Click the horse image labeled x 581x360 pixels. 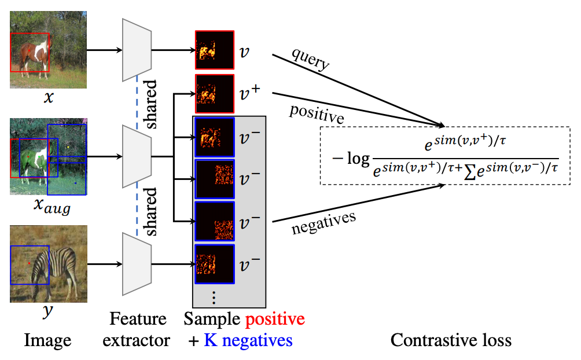(x=48, y=50)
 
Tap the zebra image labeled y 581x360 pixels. (x=48, y=264)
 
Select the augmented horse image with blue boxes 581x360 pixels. (x=48, y=157)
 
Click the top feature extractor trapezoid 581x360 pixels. (x=137, y=50)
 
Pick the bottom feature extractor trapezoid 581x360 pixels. (x=137, y=264)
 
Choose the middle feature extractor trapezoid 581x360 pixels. (x=137, y=157)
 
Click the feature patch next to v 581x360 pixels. (x=215, y=50)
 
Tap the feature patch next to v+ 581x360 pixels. (x=215, y=93)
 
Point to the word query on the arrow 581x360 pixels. (x=311, y=61)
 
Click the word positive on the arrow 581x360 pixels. (x=317, y=113)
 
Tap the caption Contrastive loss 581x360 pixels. (x=451, y=340)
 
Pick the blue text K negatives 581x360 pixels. (x=248, y=340)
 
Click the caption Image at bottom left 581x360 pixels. (x=47, y=340)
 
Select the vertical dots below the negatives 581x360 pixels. (x=214, y=297)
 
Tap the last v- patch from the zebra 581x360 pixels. (x=215, y=264)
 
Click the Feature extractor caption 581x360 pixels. (x=137, y=329)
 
